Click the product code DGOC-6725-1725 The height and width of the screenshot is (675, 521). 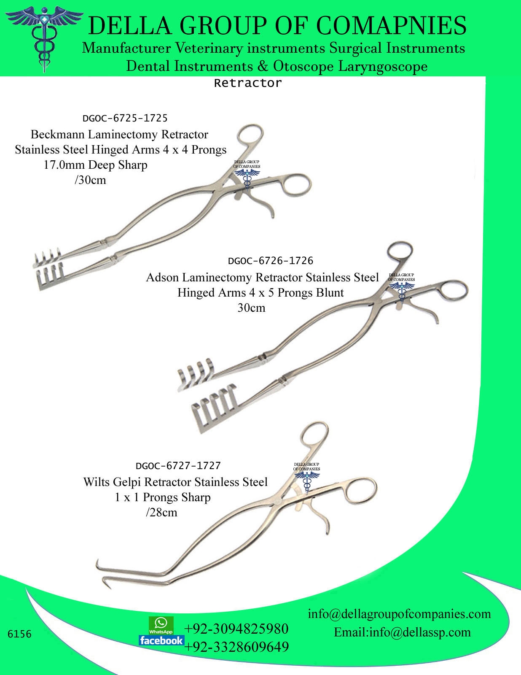point(125,118)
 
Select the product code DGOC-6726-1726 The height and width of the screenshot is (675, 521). point(270,261)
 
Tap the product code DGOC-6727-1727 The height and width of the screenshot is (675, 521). point(178,466)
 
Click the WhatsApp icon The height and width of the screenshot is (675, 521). point(161,625)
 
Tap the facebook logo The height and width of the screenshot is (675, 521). point(161,640)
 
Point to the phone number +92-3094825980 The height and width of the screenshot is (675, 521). point(236,629)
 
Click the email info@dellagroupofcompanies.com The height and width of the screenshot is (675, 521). point(399,613)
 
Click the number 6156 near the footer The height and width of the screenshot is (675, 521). point(20,634)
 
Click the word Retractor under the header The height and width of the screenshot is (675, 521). point(247,83)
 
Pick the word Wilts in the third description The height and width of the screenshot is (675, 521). point(97,482)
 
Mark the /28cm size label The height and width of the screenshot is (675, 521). point(161,513)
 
